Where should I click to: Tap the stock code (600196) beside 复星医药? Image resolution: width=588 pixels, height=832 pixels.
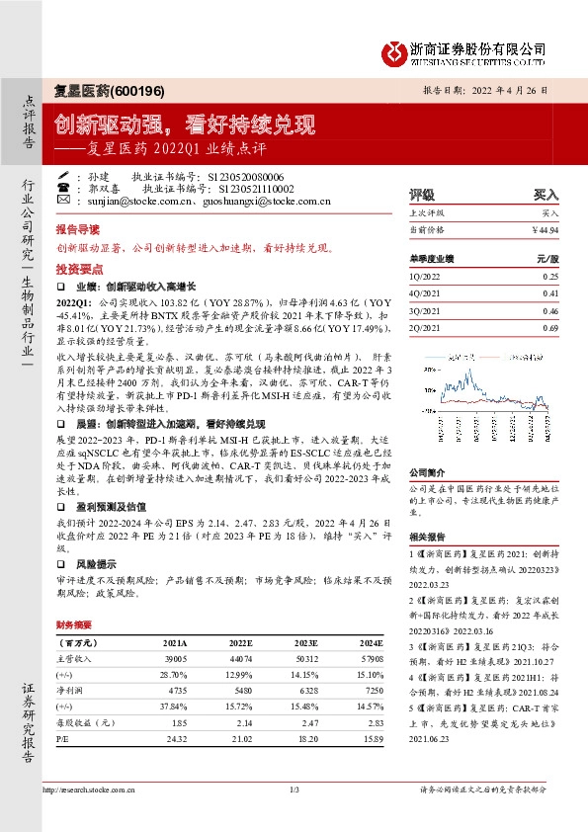(x=139, y=91)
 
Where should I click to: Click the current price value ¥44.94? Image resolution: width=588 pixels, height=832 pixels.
(x=545, y=229)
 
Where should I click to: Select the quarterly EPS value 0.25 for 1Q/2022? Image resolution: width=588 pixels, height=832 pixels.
(x=550, y=276)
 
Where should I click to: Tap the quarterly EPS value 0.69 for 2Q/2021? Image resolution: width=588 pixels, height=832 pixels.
(x=550, y=326)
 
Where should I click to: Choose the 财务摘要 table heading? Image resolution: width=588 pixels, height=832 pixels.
(x=74, y=624)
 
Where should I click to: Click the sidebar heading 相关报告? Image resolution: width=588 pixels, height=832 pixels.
(x=426, y=535)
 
